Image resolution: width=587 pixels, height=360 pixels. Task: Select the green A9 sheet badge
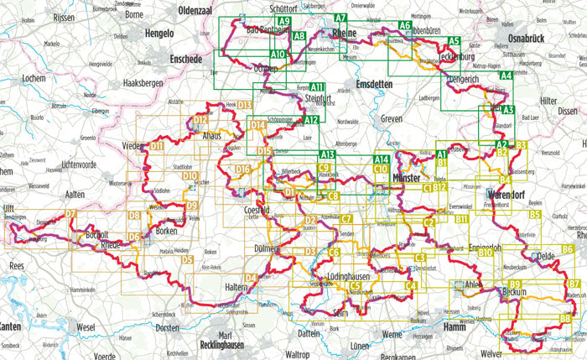click(284, 22)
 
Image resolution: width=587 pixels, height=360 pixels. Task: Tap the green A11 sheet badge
click(317, 87)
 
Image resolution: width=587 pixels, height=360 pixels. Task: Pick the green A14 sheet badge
click(381, 159)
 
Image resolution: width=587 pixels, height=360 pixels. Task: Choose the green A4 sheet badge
click(505, 76)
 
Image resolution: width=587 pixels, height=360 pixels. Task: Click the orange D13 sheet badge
click(245, 105)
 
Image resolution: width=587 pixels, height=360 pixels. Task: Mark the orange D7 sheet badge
click(70, 214)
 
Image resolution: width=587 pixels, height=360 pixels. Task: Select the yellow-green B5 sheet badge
click(534, 215)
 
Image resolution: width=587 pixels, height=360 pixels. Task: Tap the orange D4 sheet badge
click(249, 278)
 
